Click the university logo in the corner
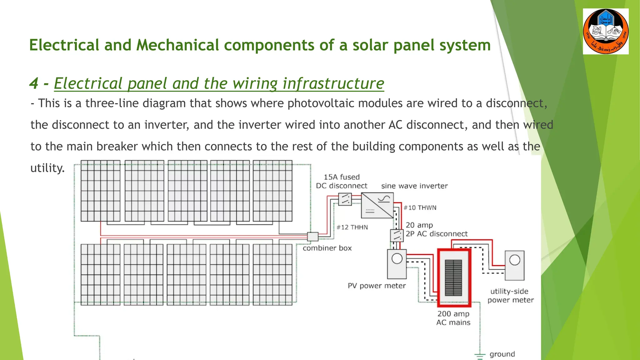click(606, 32)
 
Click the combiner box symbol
click(312, 237)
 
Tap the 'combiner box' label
click(327, 248)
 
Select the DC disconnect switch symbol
click(345, 199)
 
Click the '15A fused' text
click(342, 177)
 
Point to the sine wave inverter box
click(377, 205)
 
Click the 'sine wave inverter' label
click(414, 186)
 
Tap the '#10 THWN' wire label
click(420, 208)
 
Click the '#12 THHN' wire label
click(352, 227)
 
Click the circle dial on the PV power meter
click(397, 259)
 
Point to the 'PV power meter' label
click(377, 286)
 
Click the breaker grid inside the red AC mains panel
click(453, 278)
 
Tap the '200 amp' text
click(453, 314)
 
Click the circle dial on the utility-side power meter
click(515, 260)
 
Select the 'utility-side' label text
click(509, 291)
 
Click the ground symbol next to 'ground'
click(480, 356)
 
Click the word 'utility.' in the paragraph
click(47, 168)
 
